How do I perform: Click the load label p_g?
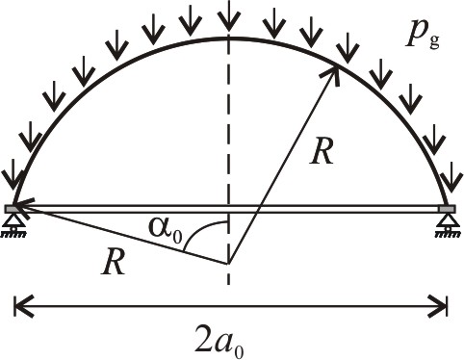point(423,39)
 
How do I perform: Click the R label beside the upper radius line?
point(322,150)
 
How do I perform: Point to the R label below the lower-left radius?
point(113,262)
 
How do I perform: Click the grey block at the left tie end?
point(13,209)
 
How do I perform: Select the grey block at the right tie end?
point(448,209)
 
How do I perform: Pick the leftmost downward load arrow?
point(13,174)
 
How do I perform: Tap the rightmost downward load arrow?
point(452,177)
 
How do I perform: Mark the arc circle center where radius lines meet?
point(228,264)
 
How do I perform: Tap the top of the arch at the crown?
point(228,39)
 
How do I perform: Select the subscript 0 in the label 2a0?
point(239,351)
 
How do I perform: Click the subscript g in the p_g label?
point(434,43)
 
